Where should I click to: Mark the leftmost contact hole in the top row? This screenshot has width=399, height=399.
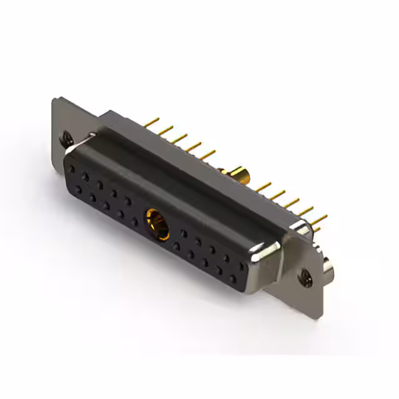72,169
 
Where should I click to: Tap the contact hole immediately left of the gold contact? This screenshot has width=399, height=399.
135,221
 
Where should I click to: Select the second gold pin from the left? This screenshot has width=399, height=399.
165,130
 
